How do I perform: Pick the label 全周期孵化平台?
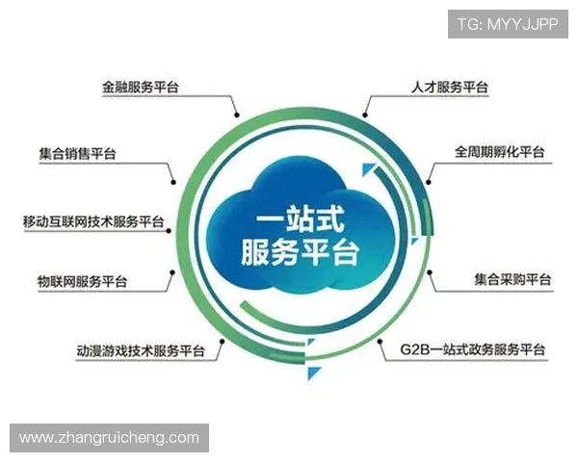tap(500, 152)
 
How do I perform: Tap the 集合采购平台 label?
tap(512, 280)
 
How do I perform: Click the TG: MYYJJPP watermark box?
tap(508, 23)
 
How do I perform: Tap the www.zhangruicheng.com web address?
tap(110, 438)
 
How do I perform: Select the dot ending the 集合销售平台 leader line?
tap(173, 181)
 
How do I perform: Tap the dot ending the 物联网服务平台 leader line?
tap(173, 272)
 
